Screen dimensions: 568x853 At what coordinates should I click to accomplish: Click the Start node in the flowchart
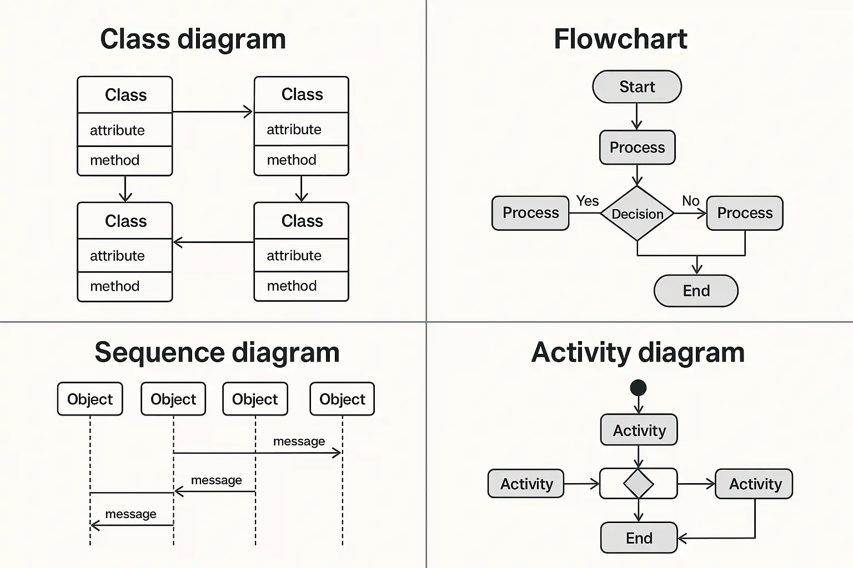point(637,87)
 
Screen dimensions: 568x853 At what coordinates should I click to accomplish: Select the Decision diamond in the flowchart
point(638,214)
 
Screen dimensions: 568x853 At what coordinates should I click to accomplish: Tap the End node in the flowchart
point(696,291)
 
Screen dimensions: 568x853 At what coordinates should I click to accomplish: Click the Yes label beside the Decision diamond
point(588,201)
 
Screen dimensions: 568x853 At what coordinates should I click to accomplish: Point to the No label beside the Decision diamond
point(690,201)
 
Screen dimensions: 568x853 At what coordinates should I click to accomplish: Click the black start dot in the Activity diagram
point(639,388)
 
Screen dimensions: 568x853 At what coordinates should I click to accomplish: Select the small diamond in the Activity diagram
point(639,484)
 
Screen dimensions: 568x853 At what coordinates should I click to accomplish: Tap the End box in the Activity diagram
point(639,537)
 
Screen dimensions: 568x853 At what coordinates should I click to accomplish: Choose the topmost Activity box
point(639,430)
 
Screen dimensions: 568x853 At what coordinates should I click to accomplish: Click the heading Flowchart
point(620,39)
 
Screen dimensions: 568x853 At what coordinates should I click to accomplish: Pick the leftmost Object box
point(90,399)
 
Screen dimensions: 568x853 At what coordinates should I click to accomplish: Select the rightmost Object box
point(342,399)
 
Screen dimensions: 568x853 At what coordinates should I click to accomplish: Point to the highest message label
point(299,442)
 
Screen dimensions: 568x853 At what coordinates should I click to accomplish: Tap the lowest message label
point(131,514)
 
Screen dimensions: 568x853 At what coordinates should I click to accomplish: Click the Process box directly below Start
point(637,148)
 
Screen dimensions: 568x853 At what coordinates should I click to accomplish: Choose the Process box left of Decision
point(530,213)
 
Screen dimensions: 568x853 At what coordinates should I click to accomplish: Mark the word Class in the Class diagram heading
point(135,39)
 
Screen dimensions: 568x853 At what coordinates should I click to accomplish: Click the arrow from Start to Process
point(637,117)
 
